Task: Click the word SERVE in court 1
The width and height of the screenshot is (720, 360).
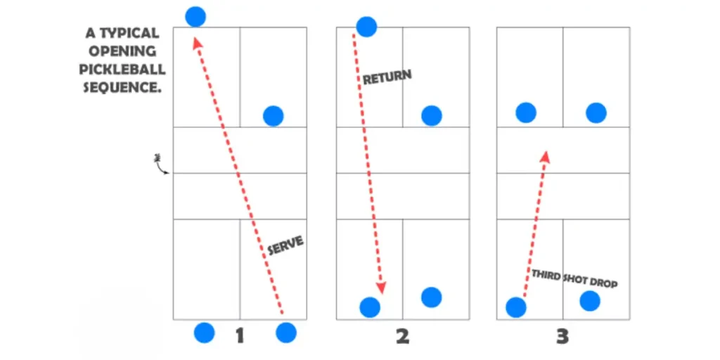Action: point(285,245)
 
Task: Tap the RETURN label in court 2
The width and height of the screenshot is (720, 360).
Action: point(387,77)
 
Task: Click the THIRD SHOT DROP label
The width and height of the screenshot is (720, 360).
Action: point(574,278)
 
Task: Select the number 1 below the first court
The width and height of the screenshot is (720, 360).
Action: point(239,336)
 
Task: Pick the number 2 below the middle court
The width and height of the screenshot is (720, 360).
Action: point(402,336)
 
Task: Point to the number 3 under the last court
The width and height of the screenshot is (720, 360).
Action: point(562,336)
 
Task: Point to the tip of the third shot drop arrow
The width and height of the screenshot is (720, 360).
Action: point(545,154)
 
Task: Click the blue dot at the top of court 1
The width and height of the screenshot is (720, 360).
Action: point(195,16)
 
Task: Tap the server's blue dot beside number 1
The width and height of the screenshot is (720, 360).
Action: point(286,333)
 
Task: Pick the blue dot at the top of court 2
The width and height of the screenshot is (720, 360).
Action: point(366,27)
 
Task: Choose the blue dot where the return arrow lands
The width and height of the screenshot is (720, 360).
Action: point(370,307)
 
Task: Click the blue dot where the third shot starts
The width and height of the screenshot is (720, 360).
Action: point(516,307)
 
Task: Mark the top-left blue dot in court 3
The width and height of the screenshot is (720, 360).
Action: point(526,112)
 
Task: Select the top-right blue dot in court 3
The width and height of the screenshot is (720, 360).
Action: point(596,112)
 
